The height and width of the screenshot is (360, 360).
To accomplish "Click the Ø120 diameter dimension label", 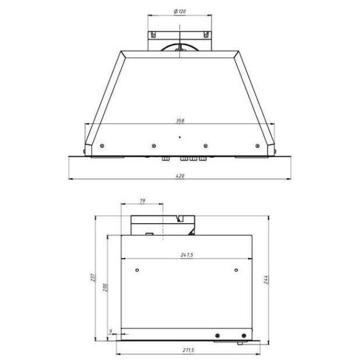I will point(179,12).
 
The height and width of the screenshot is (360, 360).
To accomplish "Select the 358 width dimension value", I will point(179,121).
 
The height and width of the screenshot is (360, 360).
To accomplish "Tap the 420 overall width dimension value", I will point(179,175).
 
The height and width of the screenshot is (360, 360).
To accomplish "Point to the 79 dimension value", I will point(143,200).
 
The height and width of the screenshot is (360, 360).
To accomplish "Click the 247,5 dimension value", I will point(186,255).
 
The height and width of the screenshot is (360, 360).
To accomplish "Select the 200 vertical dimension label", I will point(105,288).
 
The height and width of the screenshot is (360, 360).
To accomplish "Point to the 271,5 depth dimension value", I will point(188,351).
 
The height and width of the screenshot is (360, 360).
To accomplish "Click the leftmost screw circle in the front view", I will point(102,146).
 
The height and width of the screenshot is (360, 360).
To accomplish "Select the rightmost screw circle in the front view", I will point(256,146).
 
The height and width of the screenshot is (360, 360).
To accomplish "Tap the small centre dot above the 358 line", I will point(179,137).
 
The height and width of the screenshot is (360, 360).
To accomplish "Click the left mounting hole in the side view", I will point(137,269).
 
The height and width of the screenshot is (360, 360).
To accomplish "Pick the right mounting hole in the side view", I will point(236,269).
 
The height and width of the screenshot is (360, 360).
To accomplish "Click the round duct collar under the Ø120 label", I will point(179,47).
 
